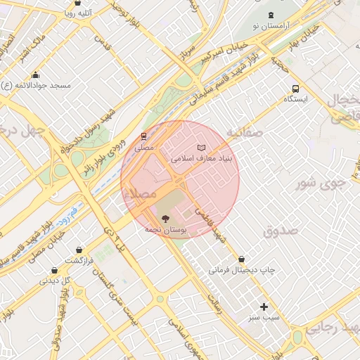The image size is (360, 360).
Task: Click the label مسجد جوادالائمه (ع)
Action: point(37,85)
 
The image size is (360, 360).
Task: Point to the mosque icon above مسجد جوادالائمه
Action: point(36,75)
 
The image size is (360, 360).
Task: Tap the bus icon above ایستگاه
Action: point(296,89)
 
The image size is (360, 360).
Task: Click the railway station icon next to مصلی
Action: point(144,136)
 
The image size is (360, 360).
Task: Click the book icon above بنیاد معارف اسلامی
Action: point(202,148)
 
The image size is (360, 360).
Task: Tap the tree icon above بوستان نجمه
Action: point(165,219)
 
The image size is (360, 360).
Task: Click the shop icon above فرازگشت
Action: point(79,250)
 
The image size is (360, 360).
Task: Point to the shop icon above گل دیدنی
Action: point(65,270)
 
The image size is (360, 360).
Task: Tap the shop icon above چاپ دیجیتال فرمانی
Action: point(243,259)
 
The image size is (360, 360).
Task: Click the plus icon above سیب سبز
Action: point(264,307)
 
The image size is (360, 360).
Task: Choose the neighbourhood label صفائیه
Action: point(245,131)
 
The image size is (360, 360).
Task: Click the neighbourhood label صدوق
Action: point(281,230)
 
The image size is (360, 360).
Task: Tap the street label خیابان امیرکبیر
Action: point(224,51)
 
